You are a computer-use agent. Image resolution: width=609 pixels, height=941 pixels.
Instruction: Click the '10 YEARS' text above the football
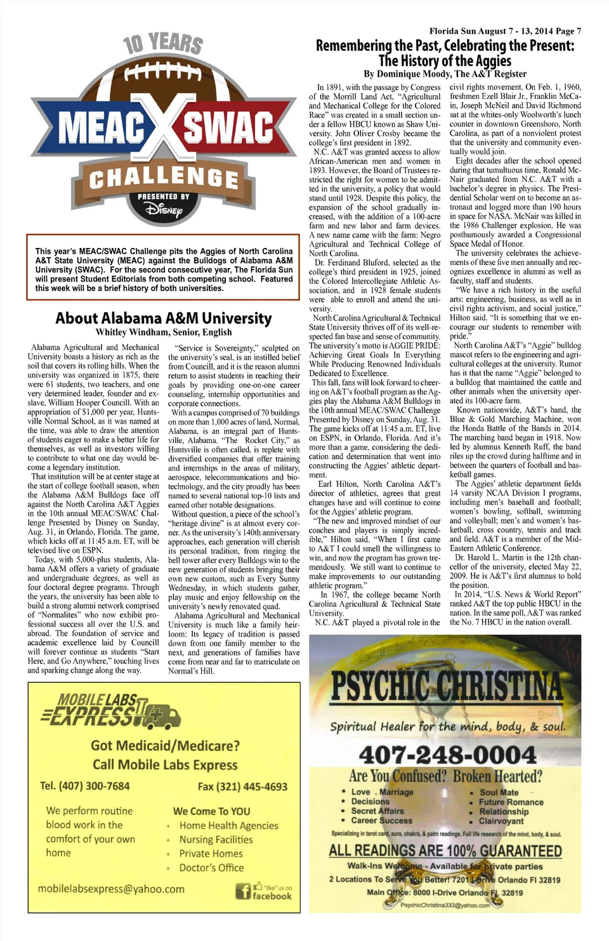click(163, 44)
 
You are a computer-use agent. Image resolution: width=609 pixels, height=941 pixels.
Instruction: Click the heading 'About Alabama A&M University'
click(163, 318)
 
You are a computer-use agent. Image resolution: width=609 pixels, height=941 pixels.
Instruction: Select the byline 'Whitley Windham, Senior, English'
click(164, 332)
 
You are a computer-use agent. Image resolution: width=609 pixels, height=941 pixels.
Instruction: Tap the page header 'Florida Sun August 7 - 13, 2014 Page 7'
click(505, 30)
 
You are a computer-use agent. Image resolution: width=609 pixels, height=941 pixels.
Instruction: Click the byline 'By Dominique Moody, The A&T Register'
click(445, 74)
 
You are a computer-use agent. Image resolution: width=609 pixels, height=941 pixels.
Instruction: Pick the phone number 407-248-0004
click(447, 755)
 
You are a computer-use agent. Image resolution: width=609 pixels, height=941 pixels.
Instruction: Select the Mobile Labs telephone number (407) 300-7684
click(85, 786)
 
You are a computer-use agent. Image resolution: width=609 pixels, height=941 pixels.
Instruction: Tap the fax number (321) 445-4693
click(242, 786)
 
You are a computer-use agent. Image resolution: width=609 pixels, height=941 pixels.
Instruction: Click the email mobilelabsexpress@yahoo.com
click(111, 888)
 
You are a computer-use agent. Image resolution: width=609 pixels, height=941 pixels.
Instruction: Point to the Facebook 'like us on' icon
click(264, 891)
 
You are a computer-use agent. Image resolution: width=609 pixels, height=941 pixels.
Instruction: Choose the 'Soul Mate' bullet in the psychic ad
click(499, 792)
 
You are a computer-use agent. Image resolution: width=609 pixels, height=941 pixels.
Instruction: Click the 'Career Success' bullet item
click(381, 820)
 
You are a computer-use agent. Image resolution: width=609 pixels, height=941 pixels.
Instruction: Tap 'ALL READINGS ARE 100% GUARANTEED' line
click(445, 850)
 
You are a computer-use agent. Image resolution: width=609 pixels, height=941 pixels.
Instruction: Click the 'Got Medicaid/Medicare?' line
click(165, 746)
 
